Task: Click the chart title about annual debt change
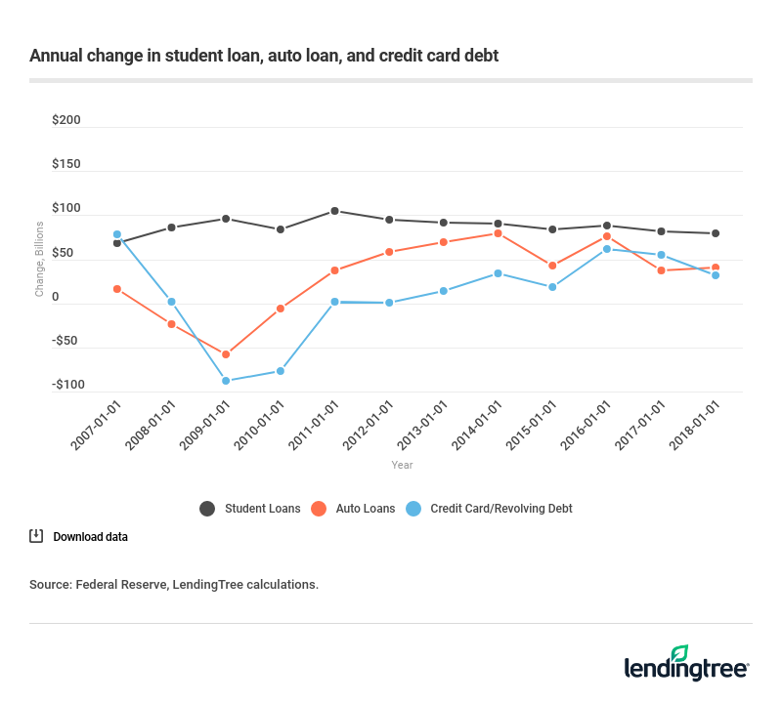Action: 264,56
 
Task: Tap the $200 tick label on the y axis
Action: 66,121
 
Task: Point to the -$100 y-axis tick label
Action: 65,385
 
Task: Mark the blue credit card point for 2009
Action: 226,381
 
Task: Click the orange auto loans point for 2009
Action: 226,354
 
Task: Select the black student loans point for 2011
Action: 334,211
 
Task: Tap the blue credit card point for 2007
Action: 117,234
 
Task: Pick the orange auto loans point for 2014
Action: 498,233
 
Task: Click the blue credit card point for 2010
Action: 281,371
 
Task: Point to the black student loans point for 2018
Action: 716,233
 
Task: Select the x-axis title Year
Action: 402,466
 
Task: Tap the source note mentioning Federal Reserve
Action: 174,585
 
